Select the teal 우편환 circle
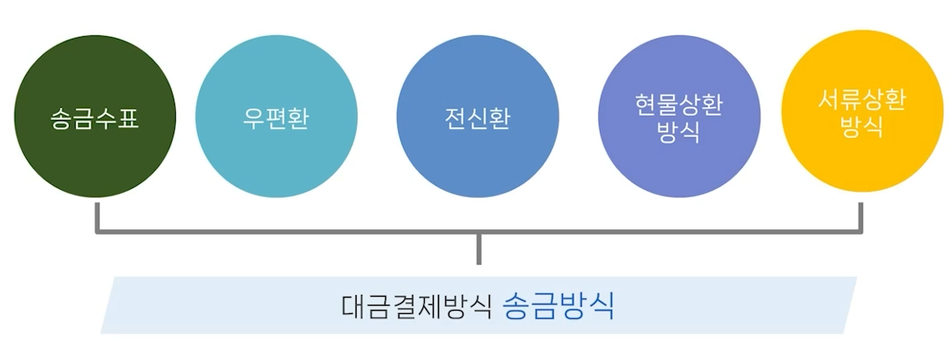point(276,156)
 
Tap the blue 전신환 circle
point(477,156)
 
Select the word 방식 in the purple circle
point(679,132)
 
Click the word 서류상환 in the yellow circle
point(862,101)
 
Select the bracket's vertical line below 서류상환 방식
point(861,215)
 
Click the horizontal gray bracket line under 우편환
point(276,232)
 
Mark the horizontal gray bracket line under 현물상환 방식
point(679,232)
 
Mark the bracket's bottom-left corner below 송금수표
point(98,231)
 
